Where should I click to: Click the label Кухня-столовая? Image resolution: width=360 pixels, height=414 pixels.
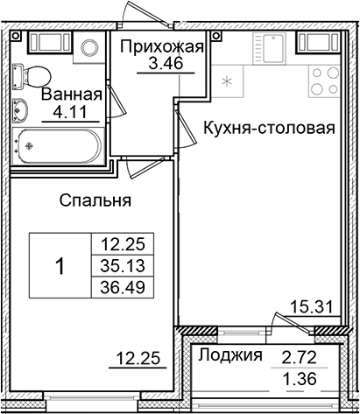tap(269, 128)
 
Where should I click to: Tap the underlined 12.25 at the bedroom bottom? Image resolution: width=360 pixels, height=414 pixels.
tap(135, 356)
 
